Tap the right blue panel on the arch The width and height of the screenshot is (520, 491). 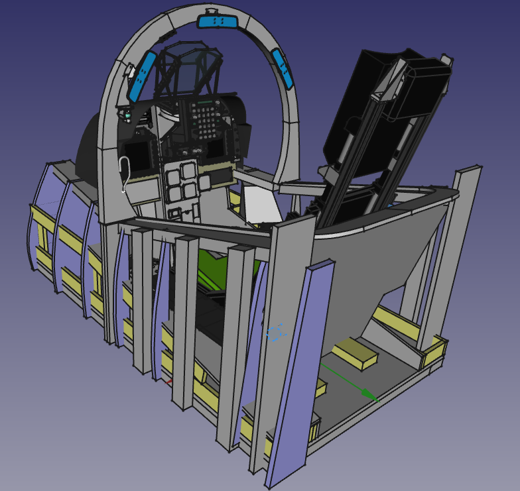pos(283,68)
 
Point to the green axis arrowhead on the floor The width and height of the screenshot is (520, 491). pos(372,396)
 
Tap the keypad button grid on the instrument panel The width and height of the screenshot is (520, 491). pos(206,119)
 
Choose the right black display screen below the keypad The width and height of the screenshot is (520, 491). pos(216,150)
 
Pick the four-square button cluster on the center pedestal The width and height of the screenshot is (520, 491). pos(180,184)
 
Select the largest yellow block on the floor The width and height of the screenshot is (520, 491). pos(355,353)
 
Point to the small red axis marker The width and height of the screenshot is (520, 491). pos(168,382)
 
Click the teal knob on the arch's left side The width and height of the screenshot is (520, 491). pos(126,116)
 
